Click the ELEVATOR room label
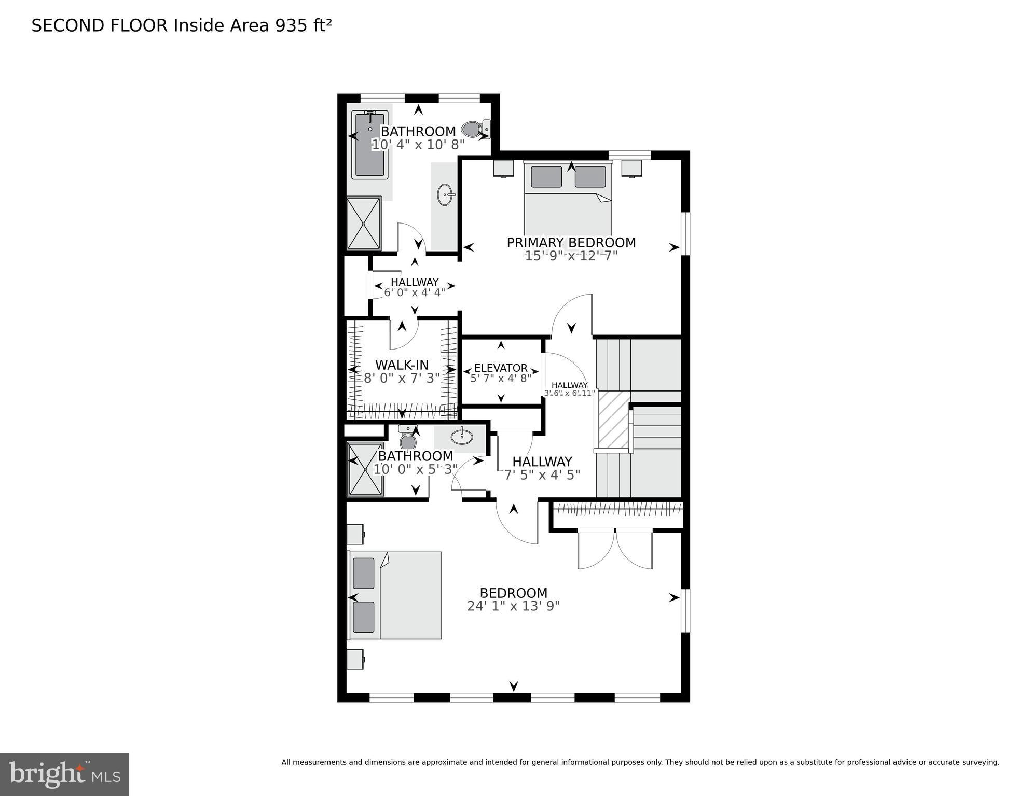pos(501,368)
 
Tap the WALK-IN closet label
pos(402,365)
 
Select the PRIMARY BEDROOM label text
pos(571,243)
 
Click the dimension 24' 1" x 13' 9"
pos(513,606)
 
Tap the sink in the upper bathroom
pos(446,195)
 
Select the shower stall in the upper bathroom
pos(364,224)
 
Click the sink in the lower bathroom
pos(461,437)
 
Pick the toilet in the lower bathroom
pos(408,438)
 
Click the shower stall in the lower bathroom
pos(365,469)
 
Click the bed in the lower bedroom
pos(395,595)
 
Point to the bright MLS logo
pos(64,774)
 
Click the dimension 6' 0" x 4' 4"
pos(414,292)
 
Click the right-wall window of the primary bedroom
pos(685,234)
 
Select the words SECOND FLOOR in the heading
pos(100,26)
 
